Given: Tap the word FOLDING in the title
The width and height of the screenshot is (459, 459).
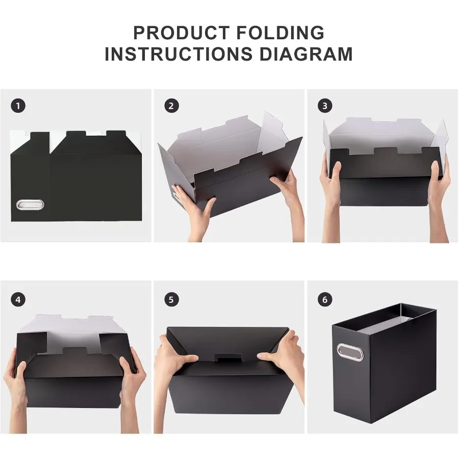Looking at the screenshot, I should pyautogui.click(x=280, y=33).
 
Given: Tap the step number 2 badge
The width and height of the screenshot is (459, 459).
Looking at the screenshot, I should pyautogui.click(x=171, y=106).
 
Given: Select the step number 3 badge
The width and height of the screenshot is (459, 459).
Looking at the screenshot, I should pyautogui.click(x=324, y=106).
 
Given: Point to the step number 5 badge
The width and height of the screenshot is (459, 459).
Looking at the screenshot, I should pyautogui.click(x=171, y=299).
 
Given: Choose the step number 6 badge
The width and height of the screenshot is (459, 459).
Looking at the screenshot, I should pyautogui.click(x=324, y=299).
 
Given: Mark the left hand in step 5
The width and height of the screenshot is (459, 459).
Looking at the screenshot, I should pyautogui.click(x=173, y=357).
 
